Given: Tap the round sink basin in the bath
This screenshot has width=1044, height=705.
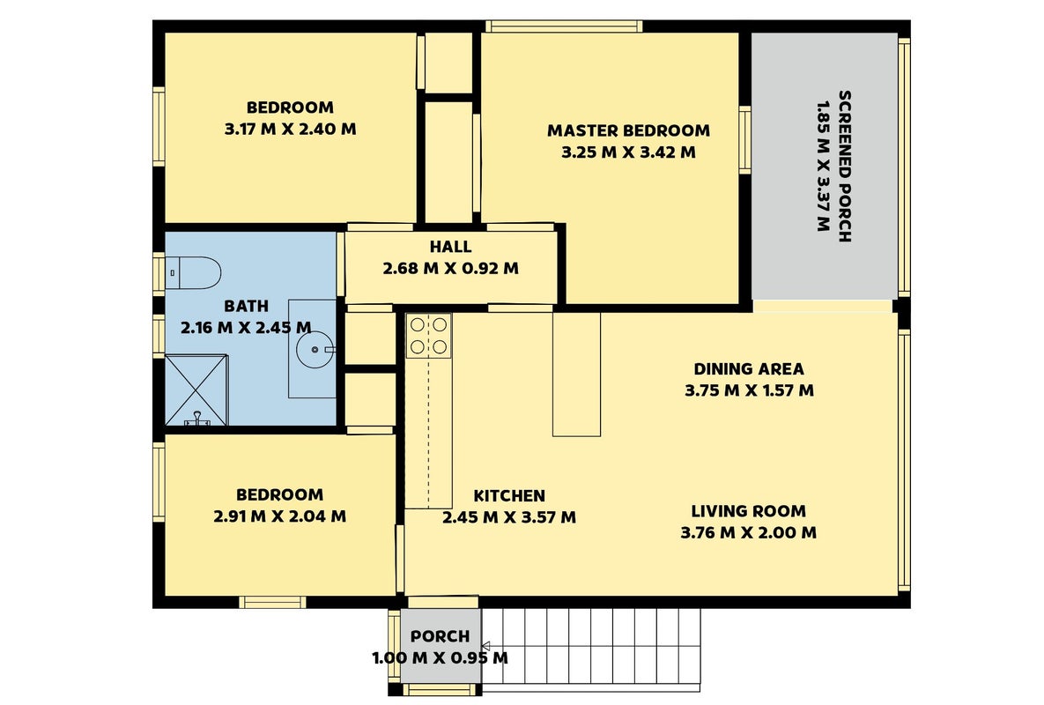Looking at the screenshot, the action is (x=315, y=349).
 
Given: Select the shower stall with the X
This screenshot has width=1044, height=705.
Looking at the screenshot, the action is (x=196, y=390).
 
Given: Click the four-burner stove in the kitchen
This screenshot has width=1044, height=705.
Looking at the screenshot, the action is (x=429, y=336).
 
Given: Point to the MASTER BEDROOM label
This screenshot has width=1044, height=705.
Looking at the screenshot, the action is (x=628, y=130).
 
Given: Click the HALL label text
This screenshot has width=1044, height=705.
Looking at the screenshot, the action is (x=451, y=247).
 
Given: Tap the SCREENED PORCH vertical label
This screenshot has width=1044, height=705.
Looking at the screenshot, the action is (x=844, y=167).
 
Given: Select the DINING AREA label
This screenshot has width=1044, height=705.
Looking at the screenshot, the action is (x=749, y=369).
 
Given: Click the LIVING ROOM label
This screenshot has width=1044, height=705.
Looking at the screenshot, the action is (x=748, y=511).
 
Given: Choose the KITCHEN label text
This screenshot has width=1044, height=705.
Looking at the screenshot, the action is (x=509, y=496).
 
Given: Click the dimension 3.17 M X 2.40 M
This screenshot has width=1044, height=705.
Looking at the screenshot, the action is (x=291, y=130).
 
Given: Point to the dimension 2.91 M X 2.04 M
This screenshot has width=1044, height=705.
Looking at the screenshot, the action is (x=279, y=516).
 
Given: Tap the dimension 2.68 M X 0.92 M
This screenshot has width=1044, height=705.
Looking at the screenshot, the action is (x=451, y=269).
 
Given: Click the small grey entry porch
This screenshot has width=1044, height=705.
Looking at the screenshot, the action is (x=441, y=646).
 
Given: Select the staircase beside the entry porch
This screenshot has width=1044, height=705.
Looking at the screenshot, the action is (x=591, y=646).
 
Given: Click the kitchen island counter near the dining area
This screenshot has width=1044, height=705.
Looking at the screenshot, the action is (x=576, y=375).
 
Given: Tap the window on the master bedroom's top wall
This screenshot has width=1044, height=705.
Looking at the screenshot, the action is (x=564, y=26).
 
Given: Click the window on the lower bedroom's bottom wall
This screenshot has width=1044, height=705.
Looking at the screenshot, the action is (x=273, y=603).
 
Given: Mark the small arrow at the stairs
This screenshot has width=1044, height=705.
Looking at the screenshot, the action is (x=486, y=646).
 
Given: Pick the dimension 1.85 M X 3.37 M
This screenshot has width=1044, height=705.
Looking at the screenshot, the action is (x=823, y=167).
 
